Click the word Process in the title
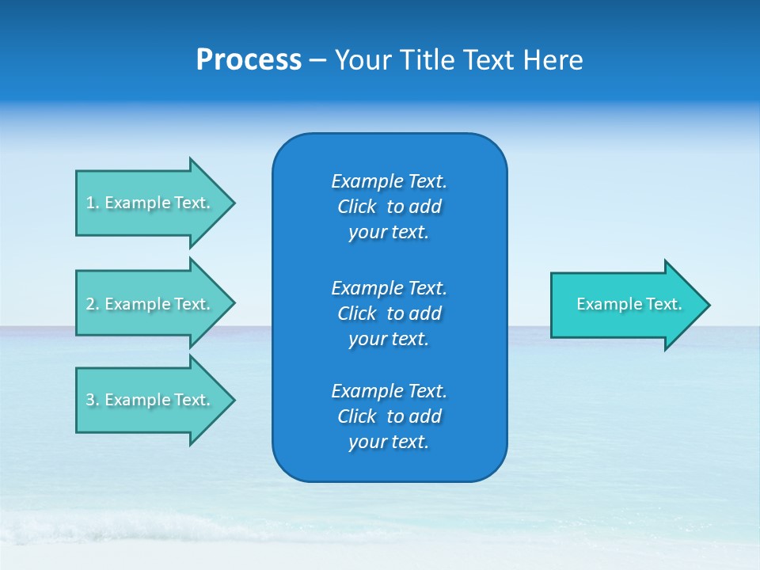(x=249, y=60)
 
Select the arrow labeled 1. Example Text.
(x=150, y=203)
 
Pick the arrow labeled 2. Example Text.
(x=150, y=304)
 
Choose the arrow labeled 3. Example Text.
(x=150, y=400)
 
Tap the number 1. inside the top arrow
(x=93, y=203)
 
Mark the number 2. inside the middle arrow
(x=93, y=304)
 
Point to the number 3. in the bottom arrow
(x=93, y=400)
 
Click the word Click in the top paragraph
(x=357, y=207)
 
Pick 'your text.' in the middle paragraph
(x=389, y=339)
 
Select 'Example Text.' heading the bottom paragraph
(x=389, y=391)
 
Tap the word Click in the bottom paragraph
(x=357, y=416)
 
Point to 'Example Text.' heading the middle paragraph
(x=389, y=287)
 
